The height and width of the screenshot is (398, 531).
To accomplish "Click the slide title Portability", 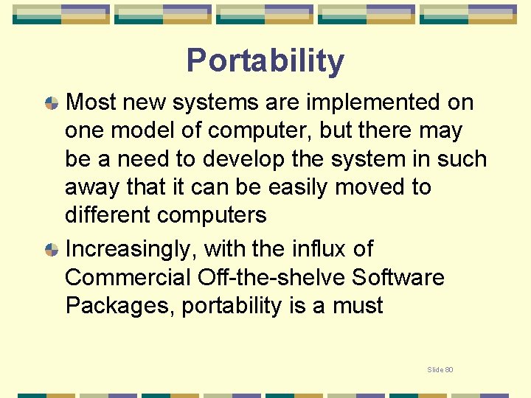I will (x=265, y=61).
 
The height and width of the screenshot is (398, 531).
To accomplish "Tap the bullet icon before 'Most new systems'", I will (x=52, y=103).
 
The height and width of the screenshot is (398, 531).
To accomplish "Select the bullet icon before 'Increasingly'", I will (x=52, y=250).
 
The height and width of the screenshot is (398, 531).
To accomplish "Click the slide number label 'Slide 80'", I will (x=440, y=369).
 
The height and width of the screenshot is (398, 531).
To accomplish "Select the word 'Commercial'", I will (x=128, y=277).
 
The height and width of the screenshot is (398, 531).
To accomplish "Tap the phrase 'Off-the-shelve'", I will (x=271, y=277).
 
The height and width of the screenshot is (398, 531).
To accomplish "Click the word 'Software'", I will (x=398, y=277).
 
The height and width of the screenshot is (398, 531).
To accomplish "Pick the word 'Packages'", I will (x=119, y=305).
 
